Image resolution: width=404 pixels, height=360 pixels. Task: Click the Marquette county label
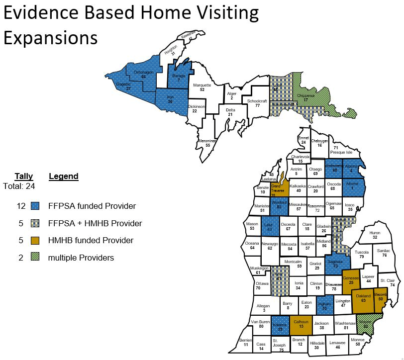pyautogui.click(x=202, y=88)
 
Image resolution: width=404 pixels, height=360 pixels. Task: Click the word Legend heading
pyautogui.click(x=64, y=176)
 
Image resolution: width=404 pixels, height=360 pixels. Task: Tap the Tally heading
pyautogui.click(x=23, y=176)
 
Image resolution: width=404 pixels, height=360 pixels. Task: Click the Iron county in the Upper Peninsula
pyautogui.click(x=170, y=99)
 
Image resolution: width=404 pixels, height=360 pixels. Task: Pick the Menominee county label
pyautogui.click(x=207, y=142)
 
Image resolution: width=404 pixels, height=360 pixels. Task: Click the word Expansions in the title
pyautogui.click(x=51, y=37)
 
